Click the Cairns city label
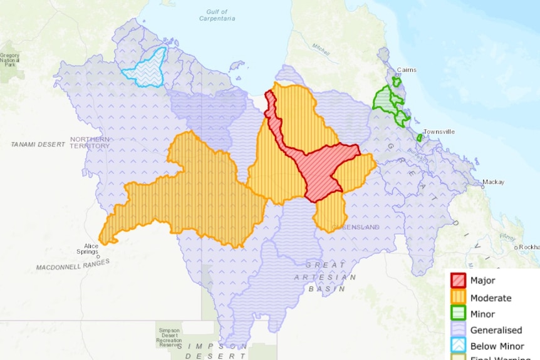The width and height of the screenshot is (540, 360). coord(407,70)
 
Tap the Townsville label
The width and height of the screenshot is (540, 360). coord(439,131)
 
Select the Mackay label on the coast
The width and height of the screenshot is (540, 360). coord(493,182)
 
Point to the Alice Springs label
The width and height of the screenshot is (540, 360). coord(87,249)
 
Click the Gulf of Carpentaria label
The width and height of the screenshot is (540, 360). coord(216,15)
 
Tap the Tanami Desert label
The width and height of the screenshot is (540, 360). coord(38,144)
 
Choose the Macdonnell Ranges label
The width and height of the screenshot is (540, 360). coord(73,266)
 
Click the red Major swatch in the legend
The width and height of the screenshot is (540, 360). coord(458,280)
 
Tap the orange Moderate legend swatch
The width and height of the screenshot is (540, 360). coord(458,297)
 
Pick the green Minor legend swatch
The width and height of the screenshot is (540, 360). coord(458,314)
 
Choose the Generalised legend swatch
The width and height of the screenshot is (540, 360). coord(458,331)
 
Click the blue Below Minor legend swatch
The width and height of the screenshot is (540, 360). coord(458,346)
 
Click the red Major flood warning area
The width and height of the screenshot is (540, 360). coord(326,166)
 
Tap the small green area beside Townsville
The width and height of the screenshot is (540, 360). coord(419,138)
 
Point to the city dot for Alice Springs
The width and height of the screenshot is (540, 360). coord(98,255)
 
